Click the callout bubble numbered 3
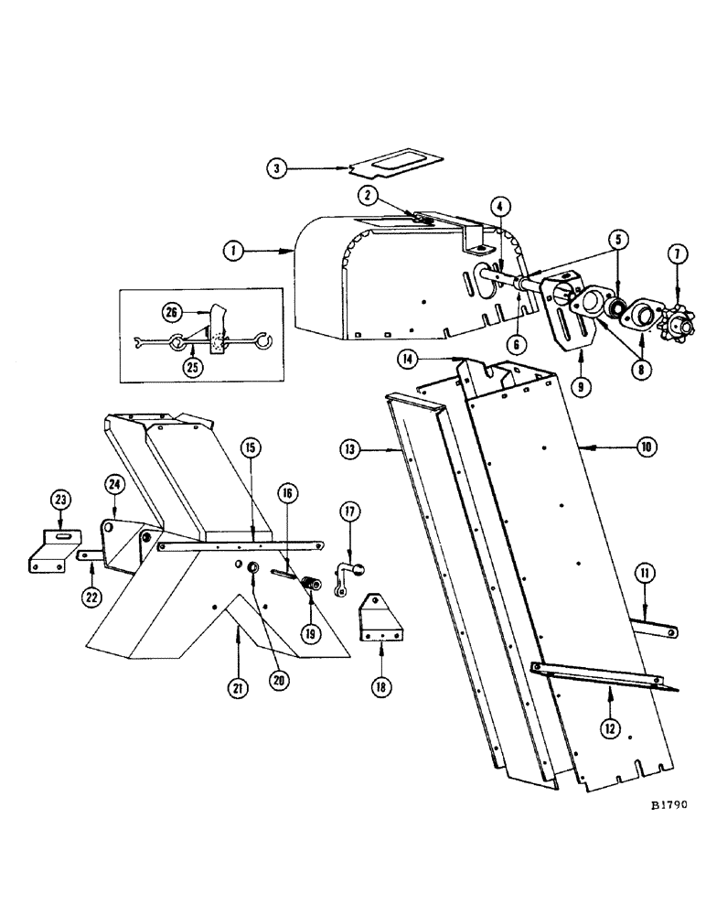click(x=277, y=168)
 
